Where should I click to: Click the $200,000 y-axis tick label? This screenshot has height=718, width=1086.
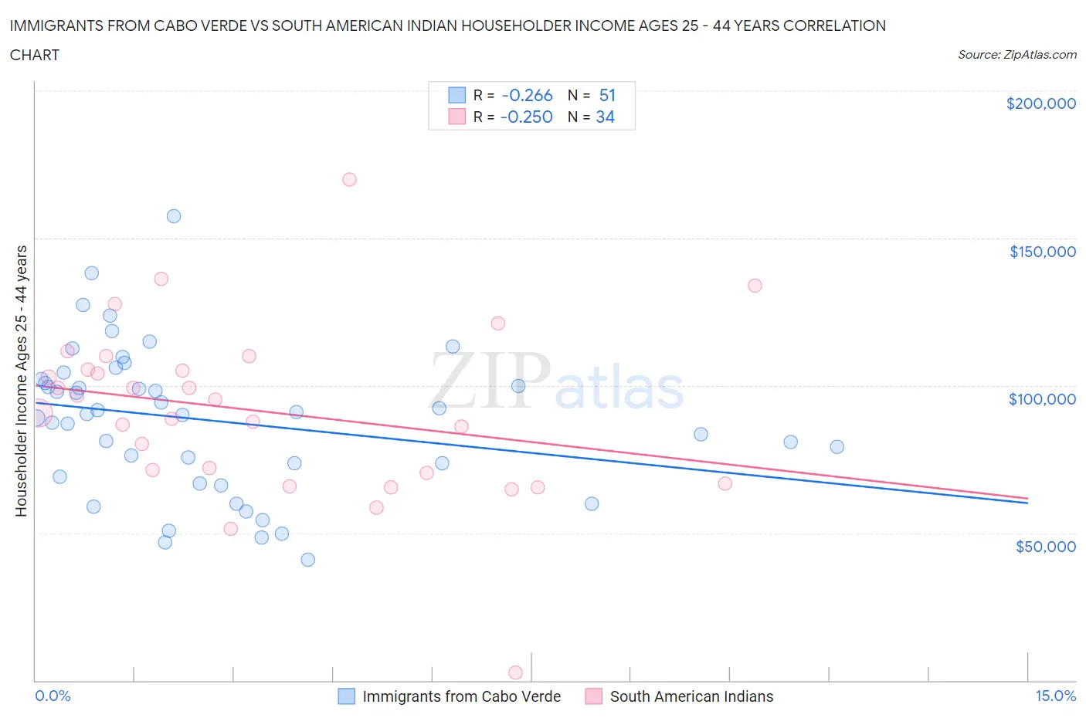pos(1040,103)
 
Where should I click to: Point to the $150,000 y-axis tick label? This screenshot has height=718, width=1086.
pos(1042,252)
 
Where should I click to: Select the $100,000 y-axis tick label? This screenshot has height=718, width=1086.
pos(1042,399)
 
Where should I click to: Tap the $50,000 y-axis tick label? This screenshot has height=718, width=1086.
pos(1045,547)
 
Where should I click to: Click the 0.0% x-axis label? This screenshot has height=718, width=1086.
pos(53,696)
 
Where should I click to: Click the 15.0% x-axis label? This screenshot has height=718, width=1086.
pos(1054,696)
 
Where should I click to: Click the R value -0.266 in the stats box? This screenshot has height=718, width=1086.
pos(527,95)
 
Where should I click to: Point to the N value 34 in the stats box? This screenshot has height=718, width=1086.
pos(605,117)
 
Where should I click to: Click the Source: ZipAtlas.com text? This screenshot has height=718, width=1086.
pos(1016,54)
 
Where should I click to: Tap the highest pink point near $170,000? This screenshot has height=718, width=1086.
pos(349,179)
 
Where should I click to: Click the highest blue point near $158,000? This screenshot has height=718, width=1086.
pos(174,216)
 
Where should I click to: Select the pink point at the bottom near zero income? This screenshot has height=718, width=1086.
pos(515,672)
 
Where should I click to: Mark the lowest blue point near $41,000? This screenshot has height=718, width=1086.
pos(308,560)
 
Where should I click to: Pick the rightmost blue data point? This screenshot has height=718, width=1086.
pos(837,447)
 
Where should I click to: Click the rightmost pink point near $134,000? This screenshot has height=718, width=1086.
pos(755,286)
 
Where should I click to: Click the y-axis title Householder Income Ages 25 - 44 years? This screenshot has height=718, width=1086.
pos(22,381)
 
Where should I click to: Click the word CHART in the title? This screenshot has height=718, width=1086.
pos(35,55)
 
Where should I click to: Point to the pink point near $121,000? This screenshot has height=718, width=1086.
pos(498,323)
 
